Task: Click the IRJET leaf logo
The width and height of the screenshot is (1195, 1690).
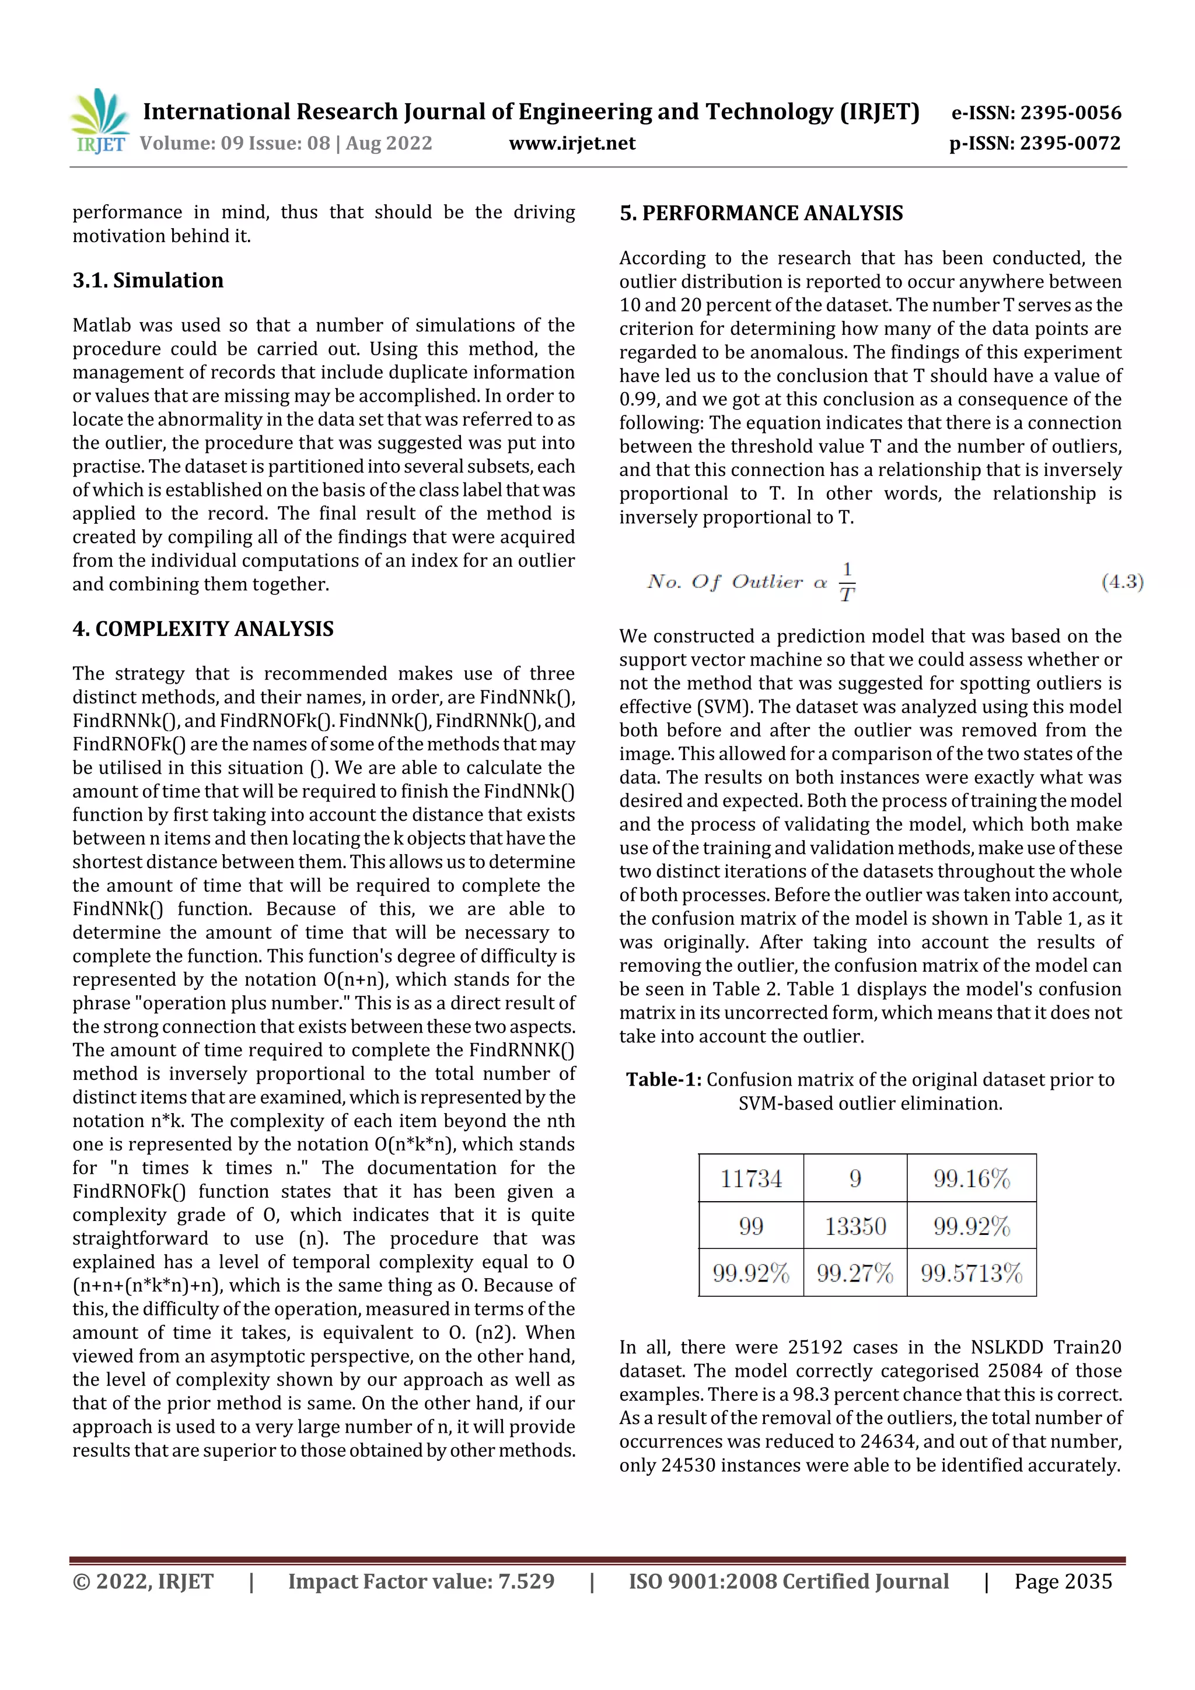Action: coord(99,120)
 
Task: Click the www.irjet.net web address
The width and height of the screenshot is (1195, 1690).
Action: coord(571,143)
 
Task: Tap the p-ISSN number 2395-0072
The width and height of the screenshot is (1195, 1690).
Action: coord(1070,143)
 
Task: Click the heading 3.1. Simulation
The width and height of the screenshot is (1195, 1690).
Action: coord(148,281)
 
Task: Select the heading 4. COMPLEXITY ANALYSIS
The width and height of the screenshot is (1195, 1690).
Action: coord(203,629)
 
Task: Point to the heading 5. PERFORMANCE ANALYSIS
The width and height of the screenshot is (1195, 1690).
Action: coord(761,214)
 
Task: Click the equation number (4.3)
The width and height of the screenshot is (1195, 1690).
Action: coord(1121,582)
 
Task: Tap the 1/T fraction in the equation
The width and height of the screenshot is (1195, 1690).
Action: coord(847,582)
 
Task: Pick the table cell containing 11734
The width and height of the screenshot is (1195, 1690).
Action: coord(750,1178)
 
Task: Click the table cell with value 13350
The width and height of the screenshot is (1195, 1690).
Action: coord(855,1226)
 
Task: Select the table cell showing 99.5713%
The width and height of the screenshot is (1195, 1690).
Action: coord(971,1273)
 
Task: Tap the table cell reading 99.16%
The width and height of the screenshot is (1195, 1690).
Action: coord(971,1178)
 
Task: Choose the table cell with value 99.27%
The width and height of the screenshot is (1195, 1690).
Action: coord(855,1273)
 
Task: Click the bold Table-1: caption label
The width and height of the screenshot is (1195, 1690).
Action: coord(663,1080)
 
